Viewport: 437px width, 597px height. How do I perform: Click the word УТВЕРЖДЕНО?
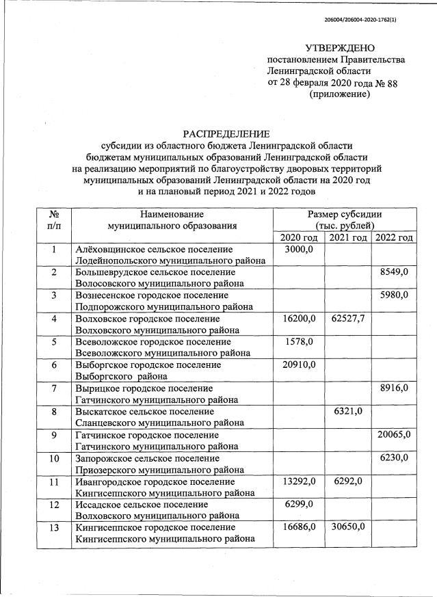tap(340, 48)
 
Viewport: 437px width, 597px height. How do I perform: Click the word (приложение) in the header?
tap(340, 94)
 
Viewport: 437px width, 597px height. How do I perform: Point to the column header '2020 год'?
tap(299, 237)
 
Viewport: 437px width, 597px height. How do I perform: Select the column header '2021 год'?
tap(347, 237)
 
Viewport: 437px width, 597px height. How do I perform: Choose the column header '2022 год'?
tap(394, 237)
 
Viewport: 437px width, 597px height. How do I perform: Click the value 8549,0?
tap(394, 272)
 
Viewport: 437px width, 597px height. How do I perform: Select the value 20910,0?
tap(299, 365)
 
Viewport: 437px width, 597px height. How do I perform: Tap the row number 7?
tap(53, 388)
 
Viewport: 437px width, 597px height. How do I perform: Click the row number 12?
tap(53, 505)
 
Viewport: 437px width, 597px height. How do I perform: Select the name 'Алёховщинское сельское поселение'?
tap(153, 250)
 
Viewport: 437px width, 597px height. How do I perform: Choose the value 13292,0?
tap(299, 481)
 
